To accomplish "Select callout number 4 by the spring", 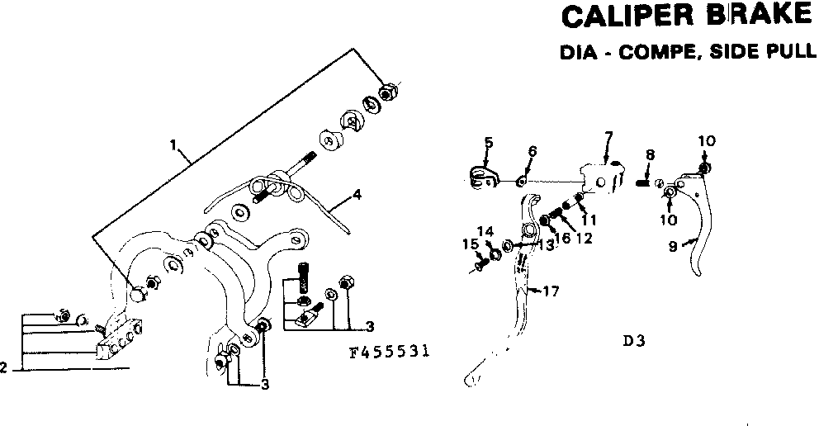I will click(357, 195).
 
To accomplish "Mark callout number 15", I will click(468, 244).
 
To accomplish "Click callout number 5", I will click(488, 143).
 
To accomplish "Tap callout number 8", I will click(650, 154).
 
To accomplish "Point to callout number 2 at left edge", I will click(3, 368).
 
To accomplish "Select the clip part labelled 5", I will click(480, 174).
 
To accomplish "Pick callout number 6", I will click(532, 151).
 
